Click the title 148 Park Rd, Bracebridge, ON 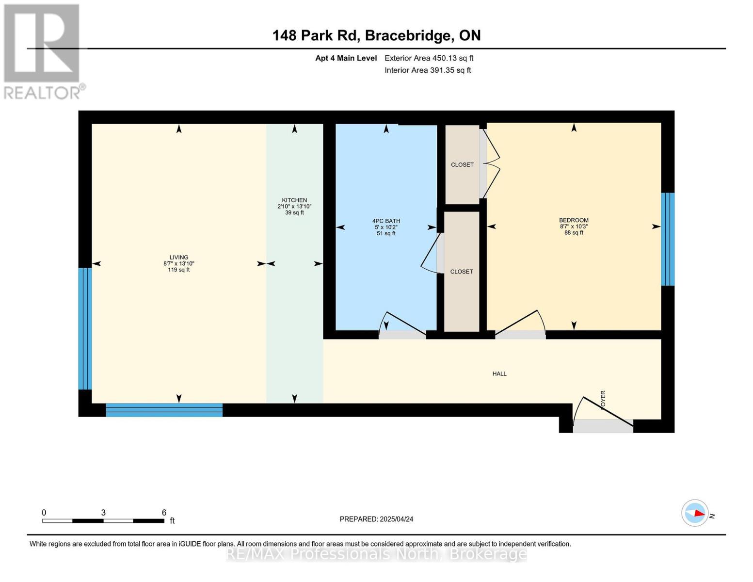point(376,35)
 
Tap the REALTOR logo point(43,51)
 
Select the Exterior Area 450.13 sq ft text point(429,58)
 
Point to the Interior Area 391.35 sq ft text point(428,70)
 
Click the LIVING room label point(178,258)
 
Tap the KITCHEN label point(294,200)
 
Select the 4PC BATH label point(386,221)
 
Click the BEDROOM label point(574,220)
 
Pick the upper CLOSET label point(462,165)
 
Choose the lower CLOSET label point(461,272)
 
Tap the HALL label point(499,374)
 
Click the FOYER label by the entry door point(603,400)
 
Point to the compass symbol point(695,513)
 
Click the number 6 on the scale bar point(164,513)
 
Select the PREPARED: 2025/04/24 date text point(376,519)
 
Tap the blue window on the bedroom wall point(668,239)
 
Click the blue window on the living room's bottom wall point(164,410)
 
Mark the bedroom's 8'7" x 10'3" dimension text point(574,226)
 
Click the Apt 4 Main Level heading point(346,58)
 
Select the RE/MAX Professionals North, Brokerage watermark point(376,554)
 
